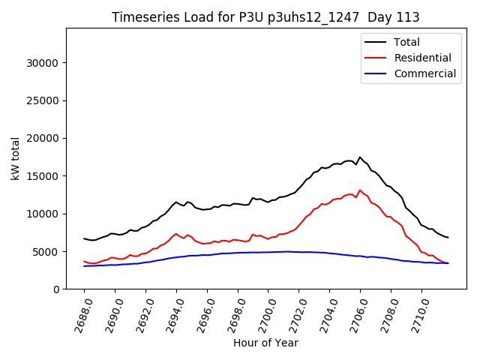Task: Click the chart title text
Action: coord(265,17)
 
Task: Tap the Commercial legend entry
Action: coord(424,73)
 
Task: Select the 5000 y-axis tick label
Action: coord(46,252)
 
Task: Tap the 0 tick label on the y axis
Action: coord(56,289)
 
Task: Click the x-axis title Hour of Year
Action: coord(265,343)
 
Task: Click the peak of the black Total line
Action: coord(360,157)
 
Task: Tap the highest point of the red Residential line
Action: coord(360,190)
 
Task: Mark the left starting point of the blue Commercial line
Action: coord(84,266)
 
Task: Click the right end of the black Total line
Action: coord(448,238)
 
